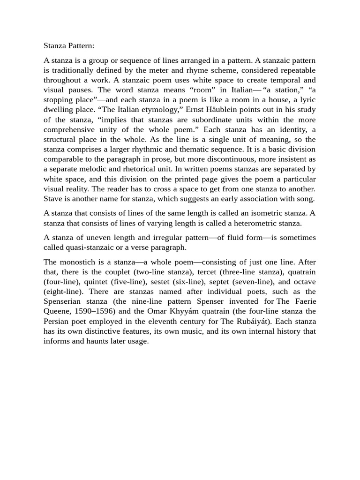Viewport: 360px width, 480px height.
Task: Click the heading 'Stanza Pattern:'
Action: [x=69, y=46]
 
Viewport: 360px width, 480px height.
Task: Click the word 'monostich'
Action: [x=82, y=262]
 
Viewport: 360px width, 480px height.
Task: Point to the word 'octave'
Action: [x=303, y=282]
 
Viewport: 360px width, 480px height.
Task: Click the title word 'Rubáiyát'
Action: [x=255, y=322]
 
